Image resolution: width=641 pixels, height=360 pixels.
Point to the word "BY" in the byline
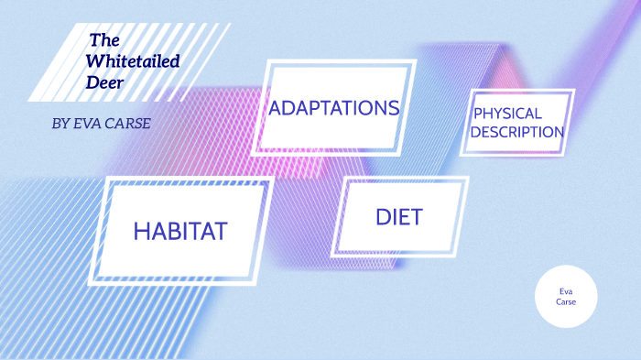(x=61, y=124)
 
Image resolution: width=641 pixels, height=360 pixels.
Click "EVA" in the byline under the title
(x=89, y=124)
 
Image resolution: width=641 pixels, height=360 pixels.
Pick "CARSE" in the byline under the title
(x=128, y=124)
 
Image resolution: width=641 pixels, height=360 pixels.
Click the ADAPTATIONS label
(x=334, y=108)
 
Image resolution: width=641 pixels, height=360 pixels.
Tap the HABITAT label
(x=179, y=231)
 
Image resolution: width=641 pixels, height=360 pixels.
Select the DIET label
(x=398, y=217)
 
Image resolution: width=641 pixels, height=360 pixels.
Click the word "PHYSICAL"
(x=507, y=115)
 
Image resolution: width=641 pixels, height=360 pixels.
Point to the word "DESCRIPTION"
(x=518, y=132)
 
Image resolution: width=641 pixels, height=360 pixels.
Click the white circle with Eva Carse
(x=566, y=296)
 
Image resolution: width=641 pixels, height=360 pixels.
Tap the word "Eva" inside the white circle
(x=566, y=290)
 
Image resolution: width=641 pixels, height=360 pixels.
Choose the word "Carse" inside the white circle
(x=566, y=301)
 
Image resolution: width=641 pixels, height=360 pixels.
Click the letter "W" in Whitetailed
(x=94, y=61)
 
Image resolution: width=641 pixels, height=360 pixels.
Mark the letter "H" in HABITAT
(x=141, y=231)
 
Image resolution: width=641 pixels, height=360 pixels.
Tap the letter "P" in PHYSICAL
(x=477, y=115)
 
